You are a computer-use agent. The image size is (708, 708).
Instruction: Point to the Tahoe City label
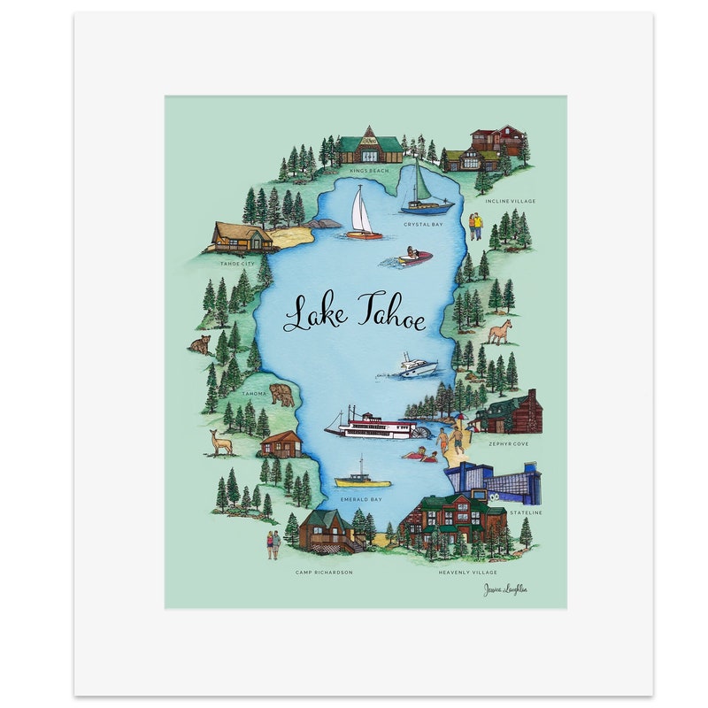coord(237,263)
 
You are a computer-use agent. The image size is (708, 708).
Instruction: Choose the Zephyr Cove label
coord(508,443)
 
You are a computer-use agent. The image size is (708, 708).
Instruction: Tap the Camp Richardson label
coord(324,573)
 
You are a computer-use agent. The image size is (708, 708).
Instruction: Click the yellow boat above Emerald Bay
coord(363,478)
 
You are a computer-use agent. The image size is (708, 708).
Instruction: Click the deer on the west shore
coord(220,442)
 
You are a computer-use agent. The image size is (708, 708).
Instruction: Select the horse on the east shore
coord(500,332)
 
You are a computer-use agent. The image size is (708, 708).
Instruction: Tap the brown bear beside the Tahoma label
coord(282,395)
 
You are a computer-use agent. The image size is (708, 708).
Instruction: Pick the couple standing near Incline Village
coord(476,227)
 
